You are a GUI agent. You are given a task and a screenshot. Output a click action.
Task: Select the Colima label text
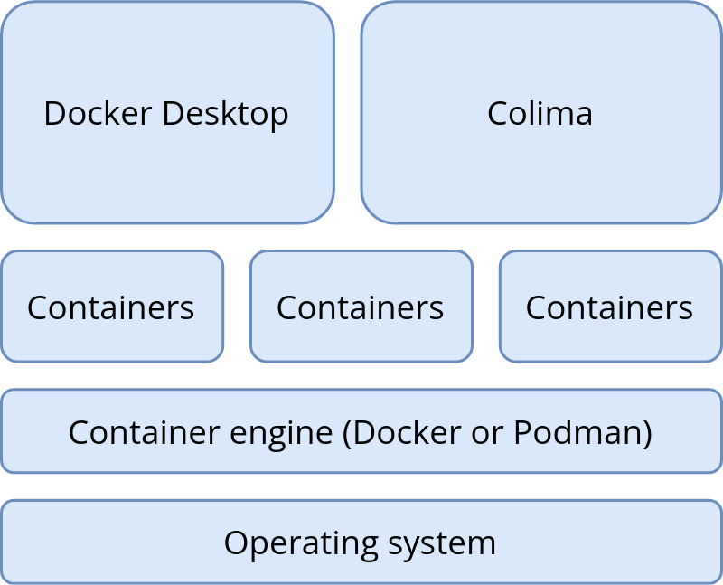(x=540, y=114)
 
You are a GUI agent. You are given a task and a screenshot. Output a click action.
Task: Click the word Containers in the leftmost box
(x=110, y=308)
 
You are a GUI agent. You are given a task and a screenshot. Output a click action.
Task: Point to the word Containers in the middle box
(x=360, y=308)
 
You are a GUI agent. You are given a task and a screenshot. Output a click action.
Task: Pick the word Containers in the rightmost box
(x=609, y=308)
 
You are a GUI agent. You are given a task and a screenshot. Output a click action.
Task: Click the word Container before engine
(x=132, y=433)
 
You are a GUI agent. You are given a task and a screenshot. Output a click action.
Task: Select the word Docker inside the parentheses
(x=399, y=433)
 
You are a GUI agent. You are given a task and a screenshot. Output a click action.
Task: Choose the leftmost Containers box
(x=112, y=342)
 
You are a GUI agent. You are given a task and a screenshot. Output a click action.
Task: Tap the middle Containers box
(x=361, y=342)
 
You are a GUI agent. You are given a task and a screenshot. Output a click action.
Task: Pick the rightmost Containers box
(x=611, y=342)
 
